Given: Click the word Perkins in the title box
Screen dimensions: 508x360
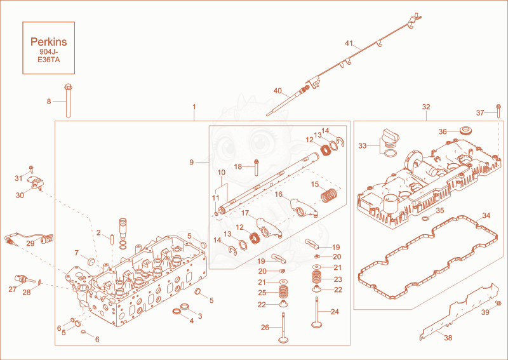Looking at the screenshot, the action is tap(49, 42).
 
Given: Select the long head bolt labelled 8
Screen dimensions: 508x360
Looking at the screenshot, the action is tap(68, 100).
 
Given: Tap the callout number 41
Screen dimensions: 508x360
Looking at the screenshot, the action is tap(349, 43).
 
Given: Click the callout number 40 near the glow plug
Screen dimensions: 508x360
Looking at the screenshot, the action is tap(277, 91).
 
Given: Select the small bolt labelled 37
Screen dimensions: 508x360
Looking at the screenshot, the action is tap(498, 112).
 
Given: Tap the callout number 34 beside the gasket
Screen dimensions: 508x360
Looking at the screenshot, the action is tap(486, 215).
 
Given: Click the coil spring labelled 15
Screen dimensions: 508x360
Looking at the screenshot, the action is tap(330, 196).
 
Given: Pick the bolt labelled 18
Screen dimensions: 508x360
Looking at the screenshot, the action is tap(257, 167).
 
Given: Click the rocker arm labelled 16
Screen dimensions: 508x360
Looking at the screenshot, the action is tap(304, 208).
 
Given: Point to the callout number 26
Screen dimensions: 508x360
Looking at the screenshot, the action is tap(265, 328).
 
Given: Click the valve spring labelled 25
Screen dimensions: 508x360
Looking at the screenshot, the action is tap(283, 292).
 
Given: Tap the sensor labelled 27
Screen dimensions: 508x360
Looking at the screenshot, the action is tap(25, 279).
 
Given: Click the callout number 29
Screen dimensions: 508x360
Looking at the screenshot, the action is tap(30, 243).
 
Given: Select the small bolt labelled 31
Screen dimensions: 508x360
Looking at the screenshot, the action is tap(31, 170).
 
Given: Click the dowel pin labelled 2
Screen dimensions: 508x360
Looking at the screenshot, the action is tap(112, 240).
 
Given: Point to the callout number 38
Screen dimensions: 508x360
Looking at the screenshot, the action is tap(448, 338).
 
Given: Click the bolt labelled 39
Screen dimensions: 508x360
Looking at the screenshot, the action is tap(498, 303).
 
